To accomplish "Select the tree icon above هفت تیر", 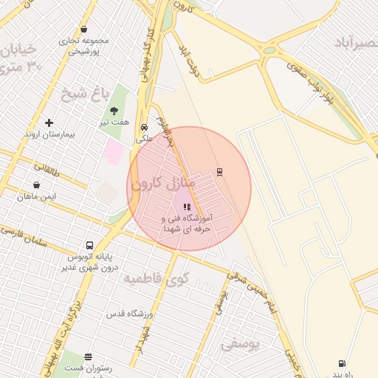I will point(113,111).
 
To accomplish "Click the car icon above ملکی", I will point(144,126).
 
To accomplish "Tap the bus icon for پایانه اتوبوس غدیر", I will point(89,246).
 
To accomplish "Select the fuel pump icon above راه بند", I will point(341,363).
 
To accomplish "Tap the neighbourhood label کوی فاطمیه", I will point(156,278).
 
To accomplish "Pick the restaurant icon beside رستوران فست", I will point(89,357).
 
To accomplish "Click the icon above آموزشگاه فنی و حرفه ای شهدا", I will point(186,208).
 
